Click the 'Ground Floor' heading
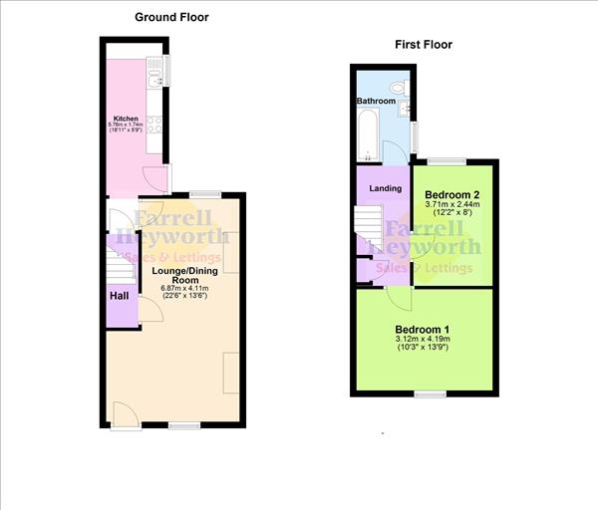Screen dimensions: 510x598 [x=172, y=17]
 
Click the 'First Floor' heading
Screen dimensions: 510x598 [x=424, y=45]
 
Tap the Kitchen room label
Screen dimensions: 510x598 [x=125, y=118]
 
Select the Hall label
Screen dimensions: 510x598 [x=119, y=296]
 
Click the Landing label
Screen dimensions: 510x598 [x=386, y=187]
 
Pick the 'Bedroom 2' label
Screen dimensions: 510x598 [x=452, y=194]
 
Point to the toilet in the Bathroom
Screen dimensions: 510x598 [x=399, y=88]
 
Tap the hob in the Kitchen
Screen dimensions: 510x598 [x=155, y=125]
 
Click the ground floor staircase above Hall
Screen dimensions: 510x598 [x=120, y=264]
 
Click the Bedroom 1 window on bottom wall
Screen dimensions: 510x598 [x=431, y=394]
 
